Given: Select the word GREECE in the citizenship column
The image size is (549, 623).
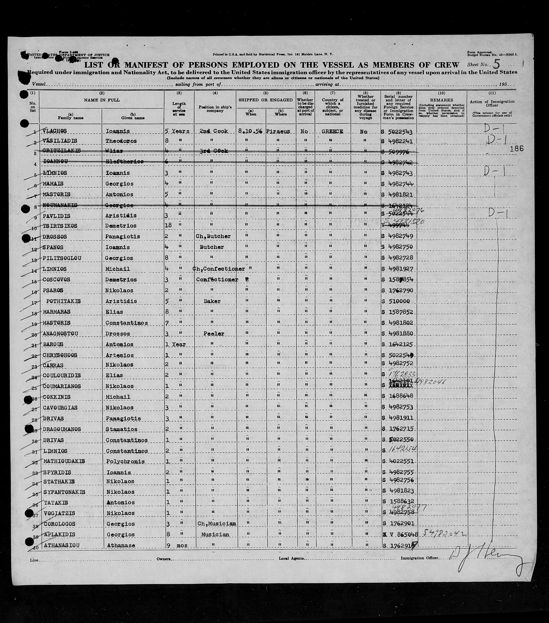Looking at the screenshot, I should (332, 131).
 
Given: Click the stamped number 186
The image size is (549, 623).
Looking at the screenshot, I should (516, 148).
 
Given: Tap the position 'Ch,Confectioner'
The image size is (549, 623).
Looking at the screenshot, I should (218, 269).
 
